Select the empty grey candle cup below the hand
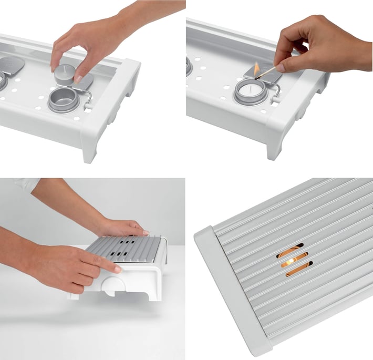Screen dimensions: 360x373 pos(63,100)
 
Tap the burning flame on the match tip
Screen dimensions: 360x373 pos(256,68)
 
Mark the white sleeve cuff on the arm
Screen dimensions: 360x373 pos(26,183)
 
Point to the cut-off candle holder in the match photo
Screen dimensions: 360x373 pos(189,66)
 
